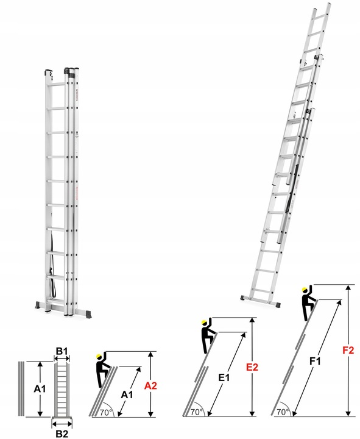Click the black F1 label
click(314, 362)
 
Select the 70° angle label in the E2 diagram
click(196, 412)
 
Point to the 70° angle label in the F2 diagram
click(282, 412)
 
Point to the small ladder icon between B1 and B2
click(62, 390)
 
